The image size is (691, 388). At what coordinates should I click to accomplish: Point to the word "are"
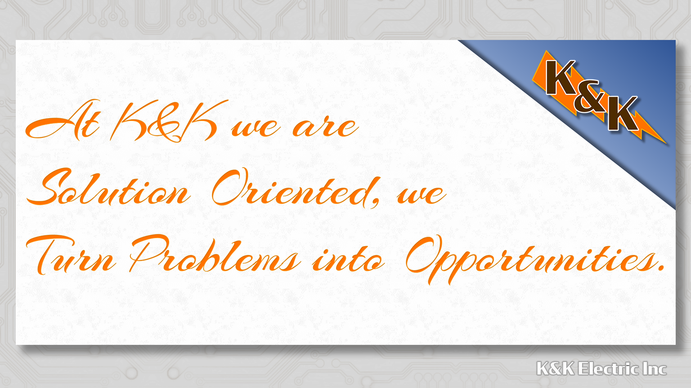click(x=325, y=128)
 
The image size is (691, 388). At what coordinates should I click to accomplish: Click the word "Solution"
click(x=108, y=187)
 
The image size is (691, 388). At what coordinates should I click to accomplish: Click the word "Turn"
click(x=72, y=254)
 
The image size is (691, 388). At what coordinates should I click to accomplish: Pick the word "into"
click(x=349, y=258)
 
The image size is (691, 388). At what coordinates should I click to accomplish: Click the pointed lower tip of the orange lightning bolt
click(x=666, y=144)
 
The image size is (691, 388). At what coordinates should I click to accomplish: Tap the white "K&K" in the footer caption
click(x=556, y=369)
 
